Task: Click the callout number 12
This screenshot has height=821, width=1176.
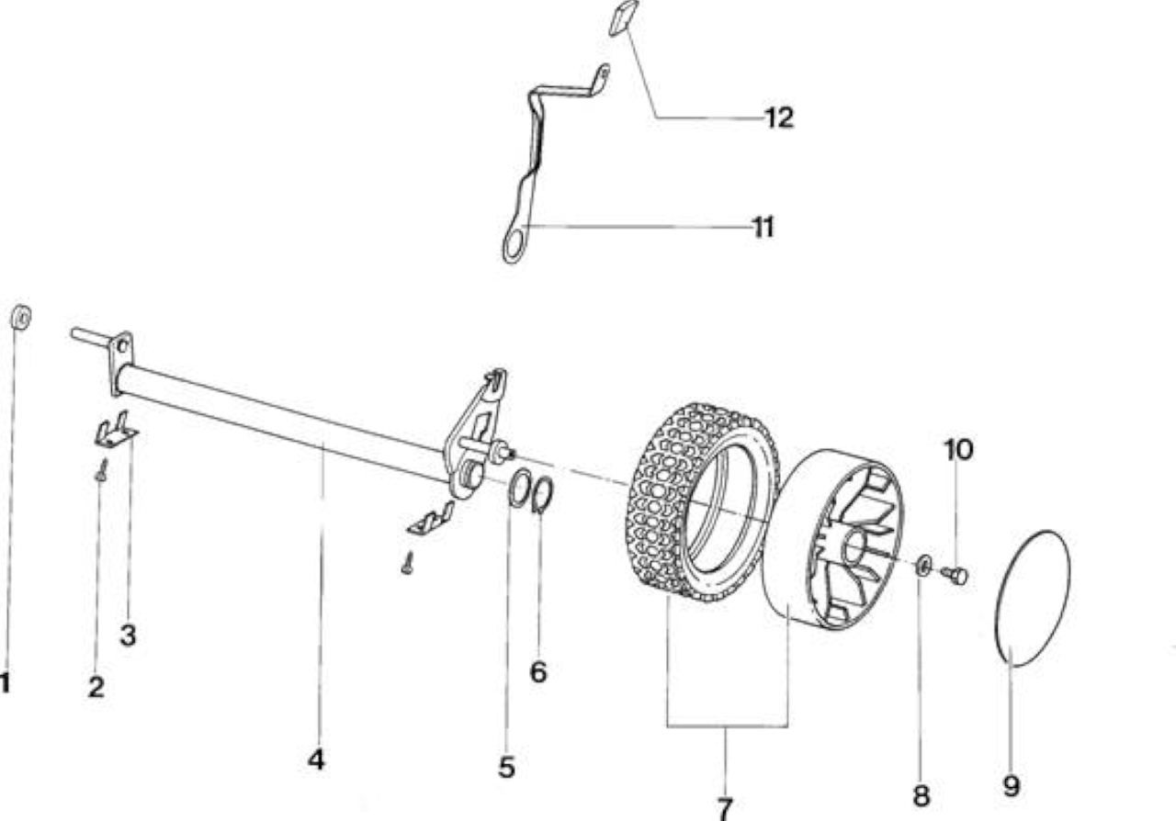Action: tap(780, 118)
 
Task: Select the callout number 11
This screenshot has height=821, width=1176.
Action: tap(763, 228)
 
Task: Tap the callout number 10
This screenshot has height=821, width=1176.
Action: tap(958, 450)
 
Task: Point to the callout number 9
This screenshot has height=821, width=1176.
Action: tap(1012, 786)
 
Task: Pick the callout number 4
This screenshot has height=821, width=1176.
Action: tap(316, 759)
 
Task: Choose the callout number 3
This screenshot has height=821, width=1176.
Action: tap(128, 635)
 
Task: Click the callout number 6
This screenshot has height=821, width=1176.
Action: tap(538, 672)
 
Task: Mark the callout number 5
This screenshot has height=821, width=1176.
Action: tap(506, 768)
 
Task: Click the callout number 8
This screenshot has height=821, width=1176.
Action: tap(922, 795)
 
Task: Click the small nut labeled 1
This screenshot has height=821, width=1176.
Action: tap(21, 318)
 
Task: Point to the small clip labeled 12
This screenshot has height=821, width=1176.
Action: tap(623, 17)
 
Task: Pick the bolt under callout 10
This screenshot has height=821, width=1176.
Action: tap(955, 575)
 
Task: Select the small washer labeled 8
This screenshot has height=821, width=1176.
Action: tap(924, 566)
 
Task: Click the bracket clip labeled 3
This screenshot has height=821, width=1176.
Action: tap(117, 432)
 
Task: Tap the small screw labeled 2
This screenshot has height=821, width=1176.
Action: tap(102, 471)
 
